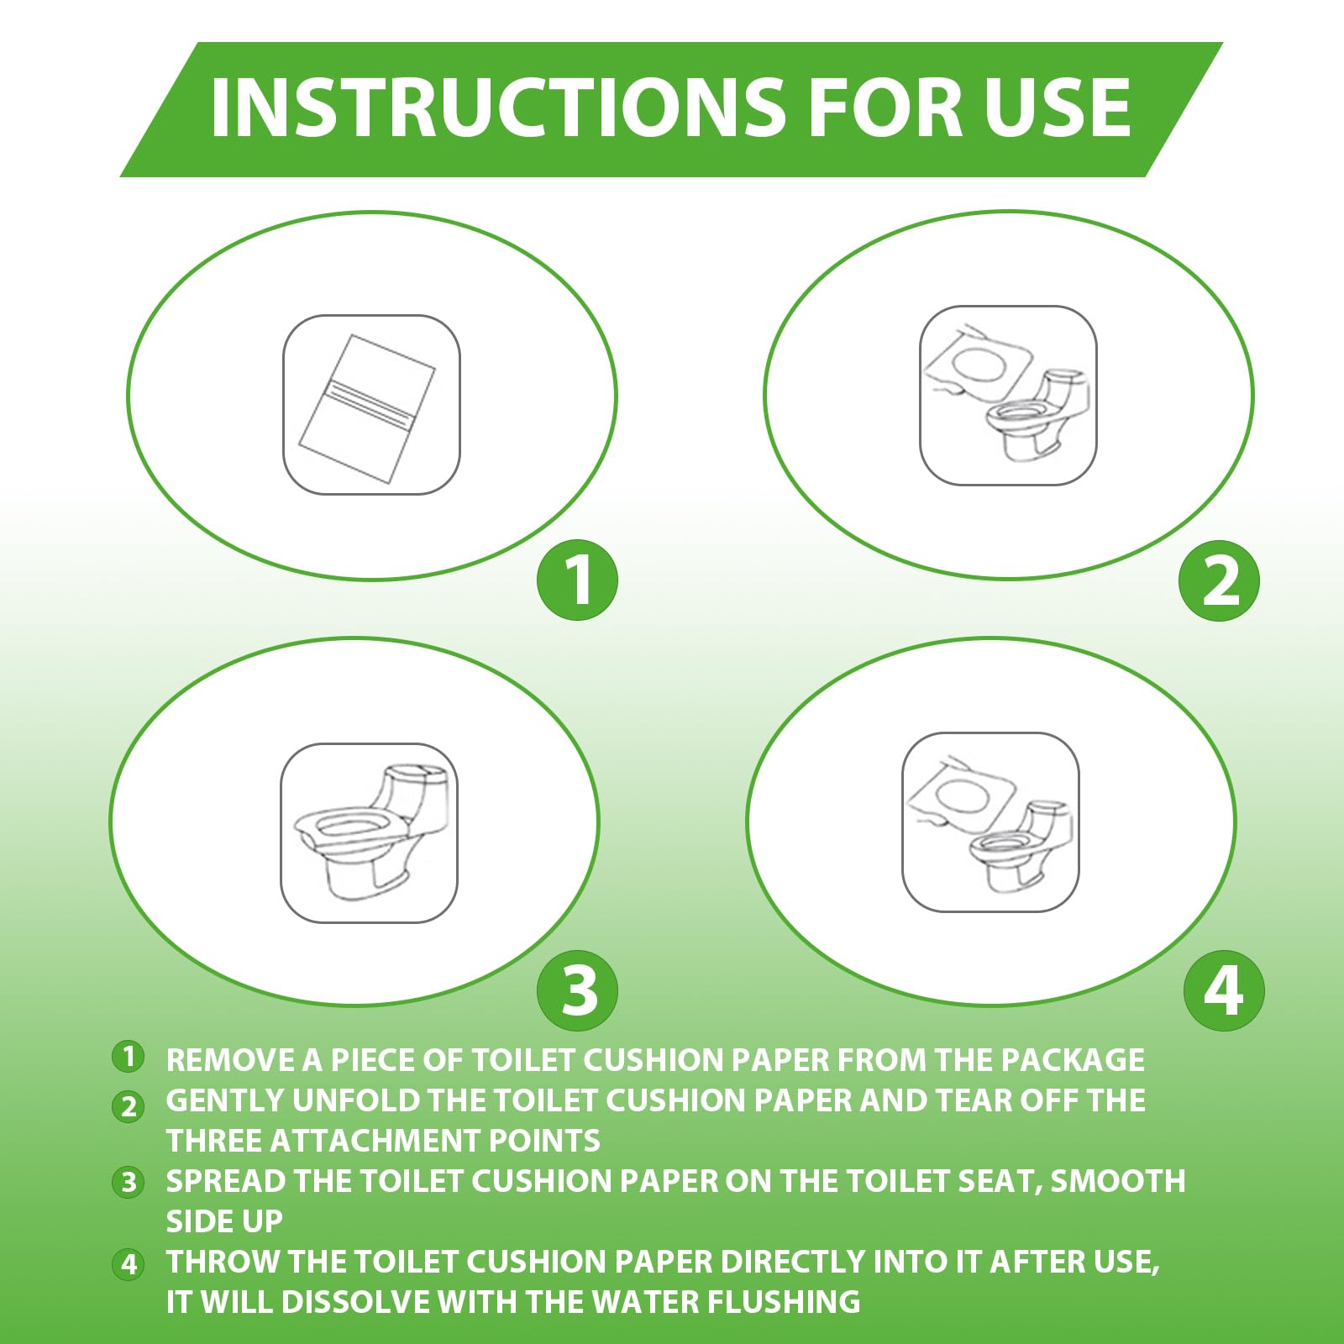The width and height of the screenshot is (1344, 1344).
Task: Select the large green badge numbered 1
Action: pos(577,580)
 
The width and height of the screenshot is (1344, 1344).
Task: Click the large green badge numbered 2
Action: pos(1219,580)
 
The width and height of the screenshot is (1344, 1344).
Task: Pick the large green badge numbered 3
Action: pos(577,990)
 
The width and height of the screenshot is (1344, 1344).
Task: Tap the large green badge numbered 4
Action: pos(1224,990)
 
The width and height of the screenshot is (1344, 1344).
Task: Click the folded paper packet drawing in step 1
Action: pos(368,408)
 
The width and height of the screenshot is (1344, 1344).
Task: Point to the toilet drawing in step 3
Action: pos(371,832)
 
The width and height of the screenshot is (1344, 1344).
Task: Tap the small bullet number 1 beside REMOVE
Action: pos(129,1056)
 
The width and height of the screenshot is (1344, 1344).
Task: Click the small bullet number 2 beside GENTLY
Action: pos(129,1106)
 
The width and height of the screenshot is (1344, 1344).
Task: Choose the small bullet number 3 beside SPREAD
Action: pos(129,1182)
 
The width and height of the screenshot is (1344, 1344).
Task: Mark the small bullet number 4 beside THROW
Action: pos(129,1263)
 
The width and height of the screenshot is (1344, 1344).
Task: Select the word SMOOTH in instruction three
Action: pos(1118,1181)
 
